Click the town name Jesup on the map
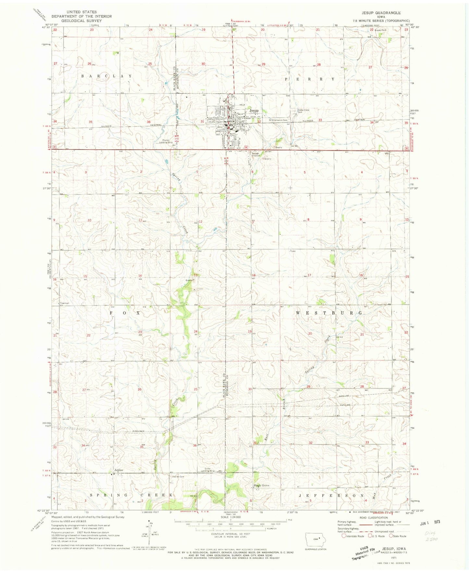(254, 111)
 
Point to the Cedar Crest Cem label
(303, 111)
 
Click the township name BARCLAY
(107, 76)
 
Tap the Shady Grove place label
(261, 485)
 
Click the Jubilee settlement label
(118, 470)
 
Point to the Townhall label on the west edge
(64, 303)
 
